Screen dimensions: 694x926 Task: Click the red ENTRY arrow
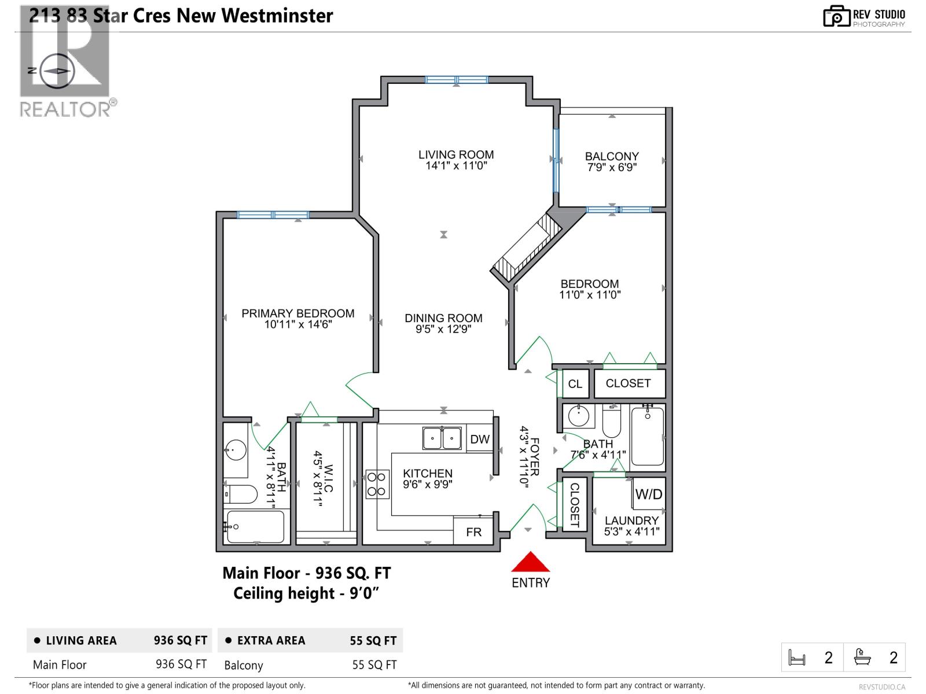[530, 563]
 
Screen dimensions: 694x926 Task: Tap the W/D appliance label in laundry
[648, 494]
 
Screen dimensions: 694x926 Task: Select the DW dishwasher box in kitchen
[480, 440]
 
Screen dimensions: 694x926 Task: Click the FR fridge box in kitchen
[473, 532]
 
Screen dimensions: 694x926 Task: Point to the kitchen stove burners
[377, 485]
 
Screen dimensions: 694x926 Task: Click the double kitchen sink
[442, 438]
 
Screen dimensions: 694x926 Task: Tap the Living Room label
[456, 154]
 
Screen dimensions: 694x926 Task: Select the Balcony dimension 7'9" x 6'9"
[612, 168]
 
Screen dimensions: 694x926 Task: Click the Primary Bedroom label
[297, 313]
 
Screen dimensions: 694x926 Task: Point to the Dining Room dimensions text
[443, 330]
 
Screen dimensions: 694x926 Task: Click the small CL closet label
[575, 384]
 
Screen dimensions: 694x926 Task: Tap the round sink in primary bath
[236, 449]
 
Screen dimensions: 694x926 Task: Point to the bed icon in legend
[797, 658]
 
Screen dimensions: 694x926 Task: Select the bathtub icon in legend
[862, 658]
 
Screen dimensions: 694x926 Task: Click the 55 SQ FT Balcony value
[374, 665]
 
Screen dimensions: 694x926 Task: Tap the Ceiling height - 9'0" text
[306, 593]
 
